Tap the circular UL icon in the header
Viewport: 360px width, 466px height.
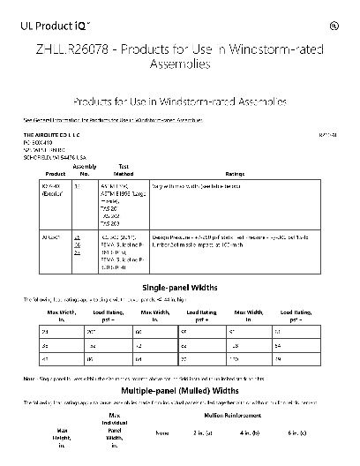coord(334,26)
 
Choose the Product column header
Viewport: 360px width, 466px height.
coord(47,173)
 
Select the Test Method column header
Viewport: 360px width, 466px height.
coord(124,169)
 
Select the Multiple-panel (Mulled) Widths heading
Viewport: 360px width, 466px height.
coord(180,389)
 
